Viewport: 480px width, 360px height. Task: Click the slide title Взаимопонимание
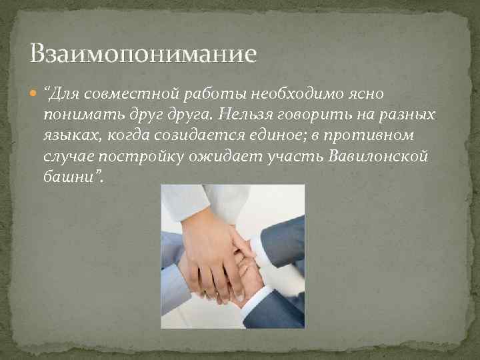tap(143, 53)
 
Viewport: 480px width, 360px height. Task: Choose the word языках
tap(69, 136)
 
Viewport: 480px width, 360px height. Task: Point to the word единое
tap(275, 136)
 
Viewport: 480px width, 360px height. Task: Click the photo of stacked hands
tap(233, 257)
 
